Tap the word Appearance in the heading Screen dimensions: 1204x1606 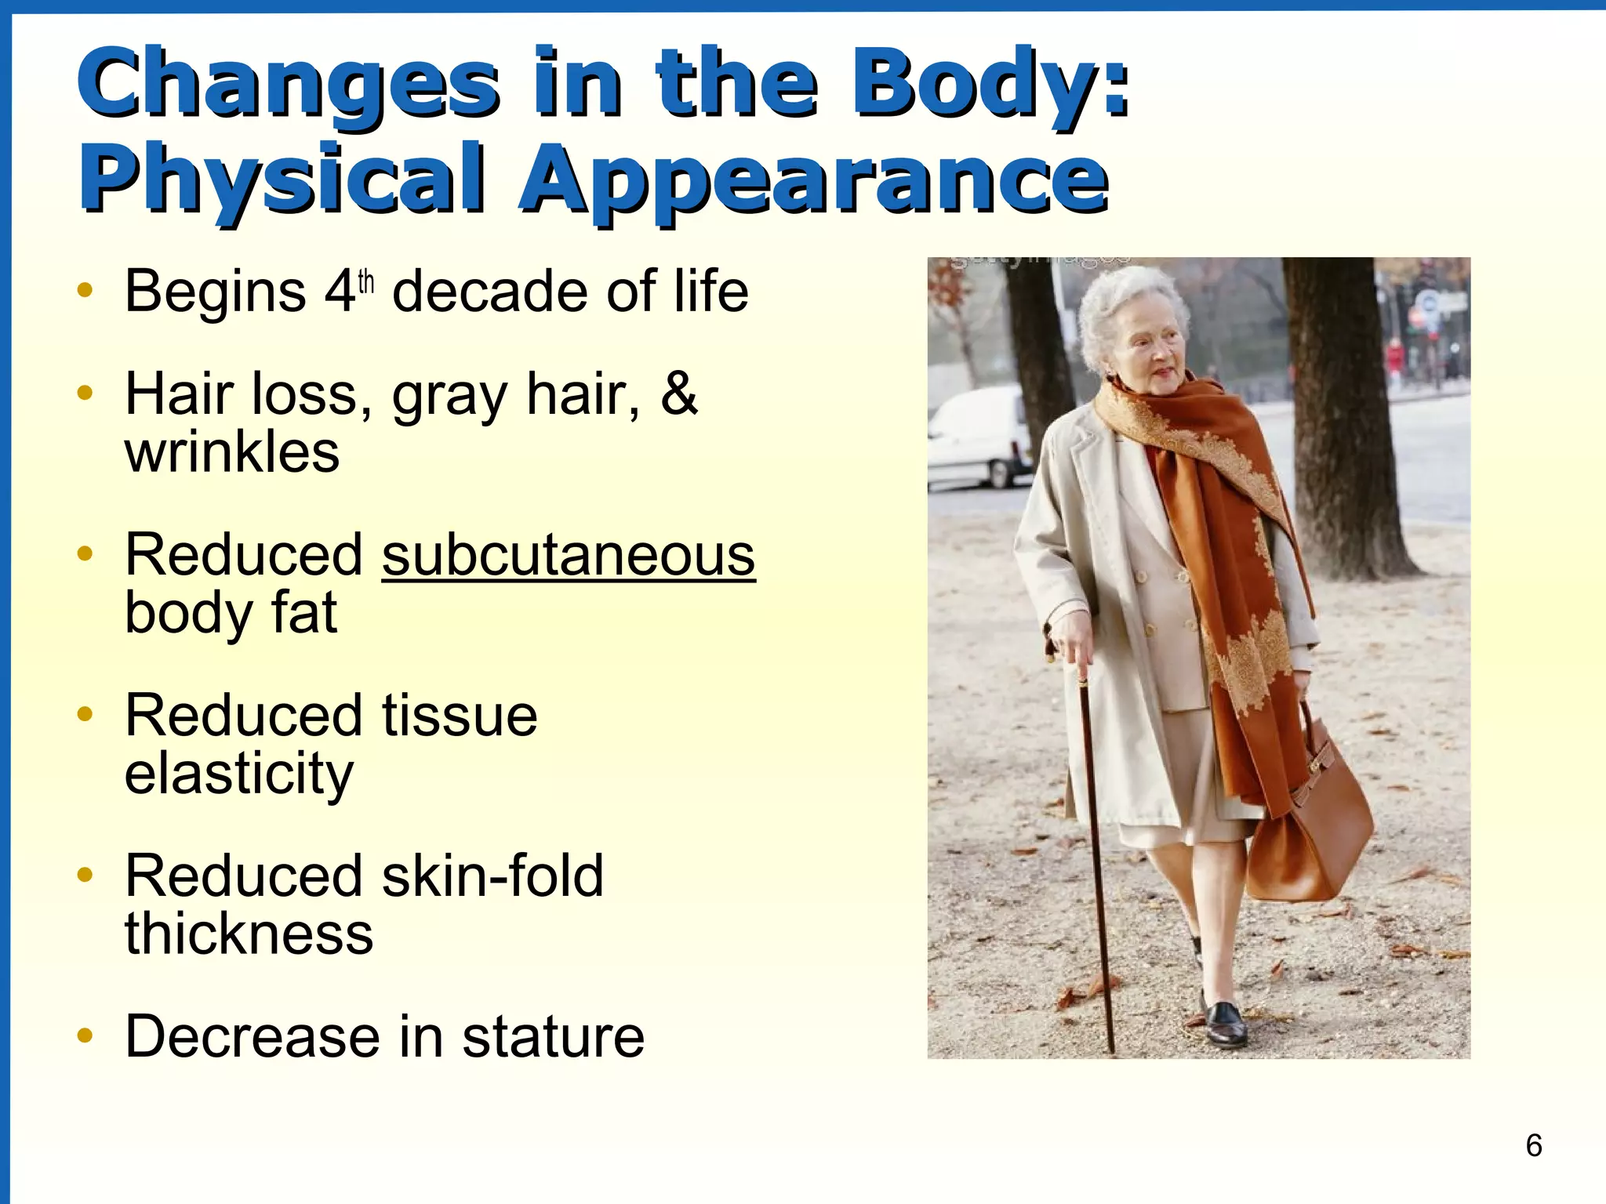pyautogui.click(x=813, y=182)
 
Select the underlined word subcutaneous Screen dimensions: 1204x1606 pyautogui.click(x=569, y=555)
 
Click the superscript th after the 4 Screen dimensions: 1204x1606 pyautogui.click(x=366, y=281)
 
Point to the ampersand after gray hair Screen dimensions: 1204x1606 pyautogui.click(x=678, y=393)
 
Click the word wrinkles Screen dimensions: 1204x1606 pyautogui.click(x=232, y=452)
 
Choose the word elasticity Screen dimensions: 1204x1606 pyautogui.click(x=239, y=774)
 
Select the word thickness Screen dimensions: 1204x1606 pyautogui.click(x=249, y=934)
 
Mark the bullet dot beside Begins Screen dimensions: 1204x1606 pyautogui.click(x=85, y=291)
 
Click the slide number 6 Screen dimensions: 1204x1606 pyautogui.click(x=1534, y=1145)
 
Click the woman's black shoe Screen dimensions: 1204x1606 pyautogui.click(x=1226, y=1023)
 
